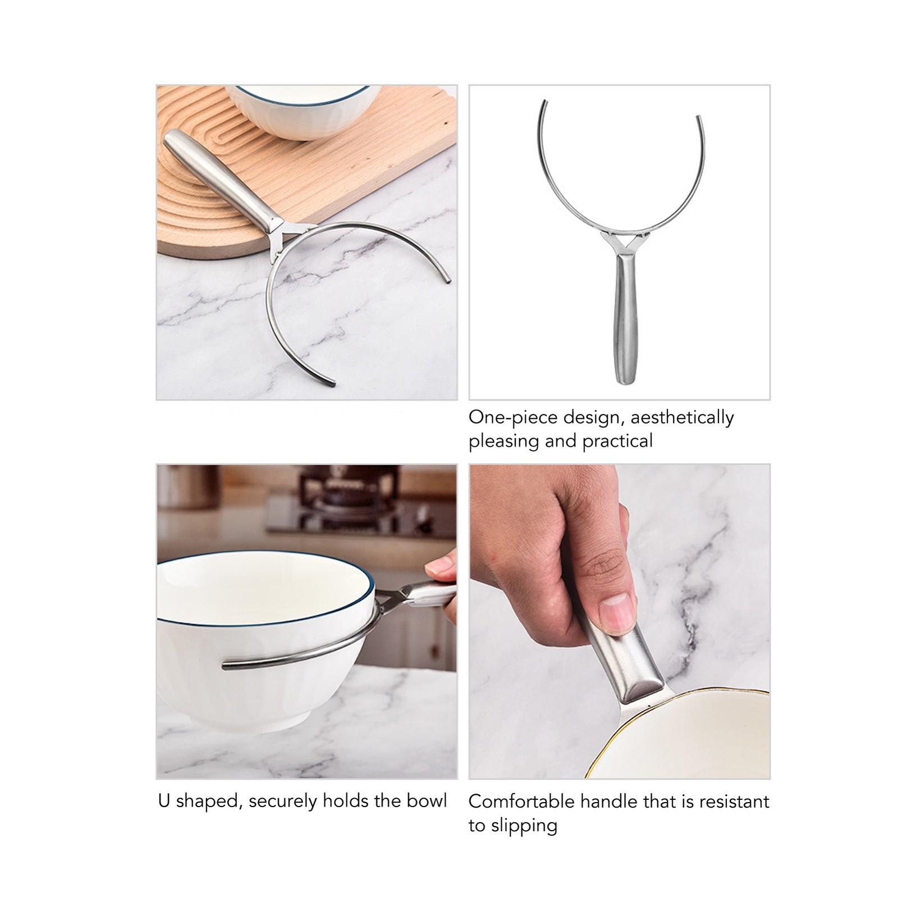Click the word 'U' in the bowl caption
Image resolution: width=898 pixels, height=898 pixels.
(x=164, y=801)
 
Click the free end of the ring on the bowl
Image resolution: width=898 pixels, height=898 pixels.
(x=224, y=666)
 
